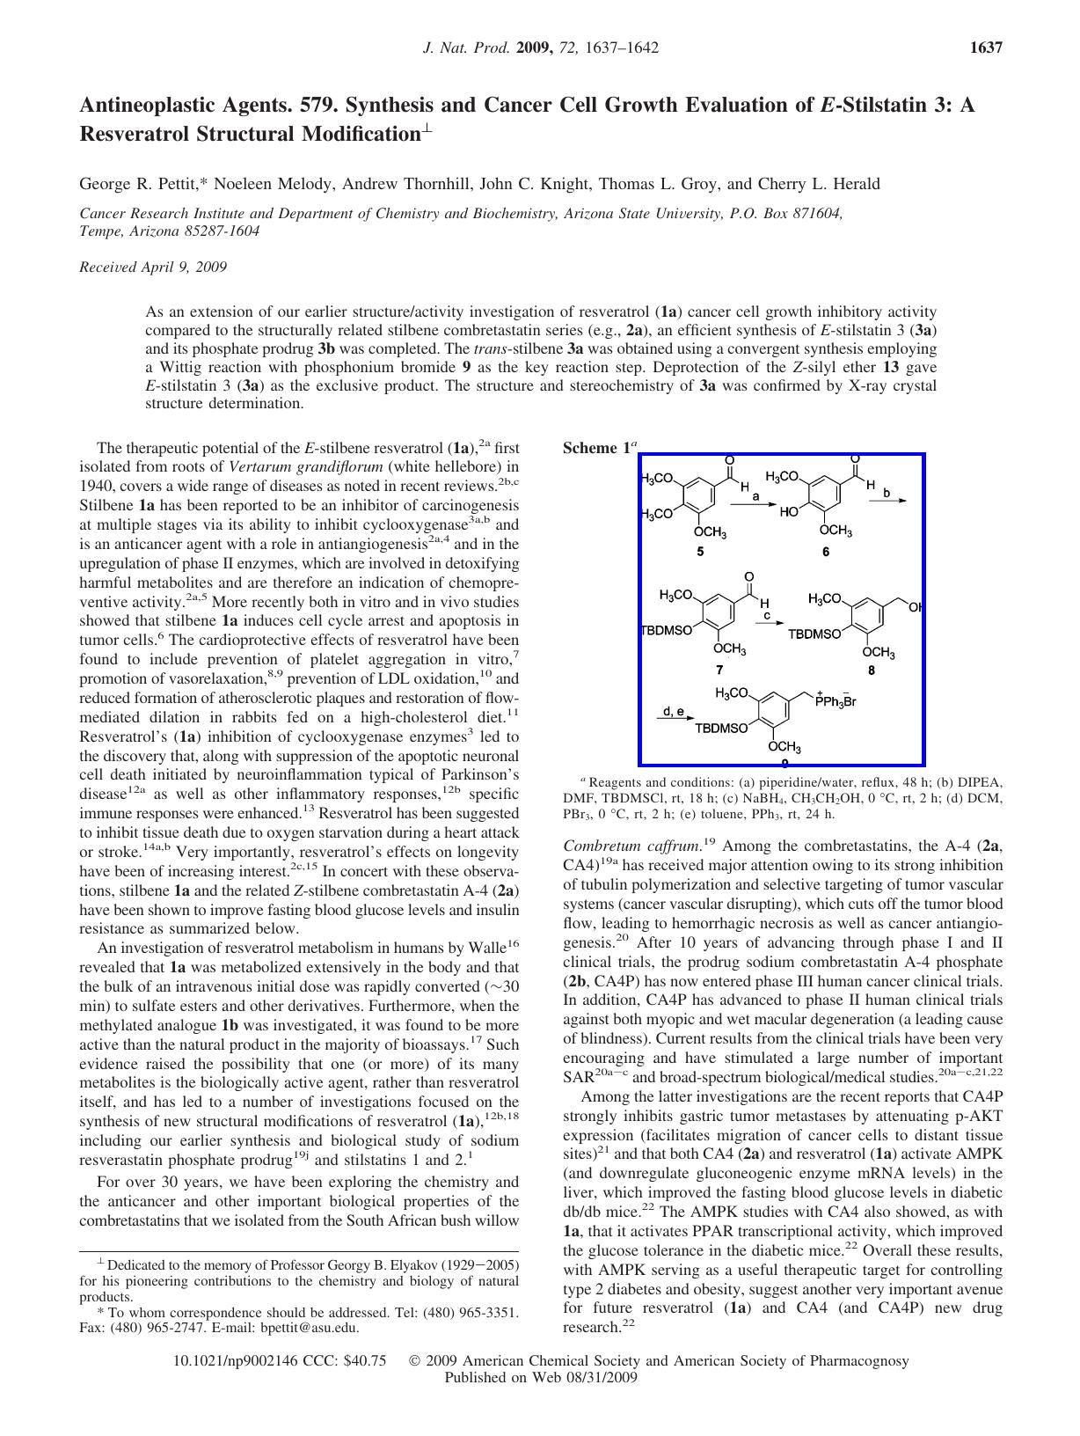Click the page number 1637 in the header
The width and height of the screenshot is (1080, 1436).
[985, 48]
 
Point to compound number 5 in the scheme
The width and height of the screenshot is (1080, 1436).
[700, 553]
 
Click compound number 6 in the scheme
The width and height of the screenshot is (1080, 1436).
[826, 553]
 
